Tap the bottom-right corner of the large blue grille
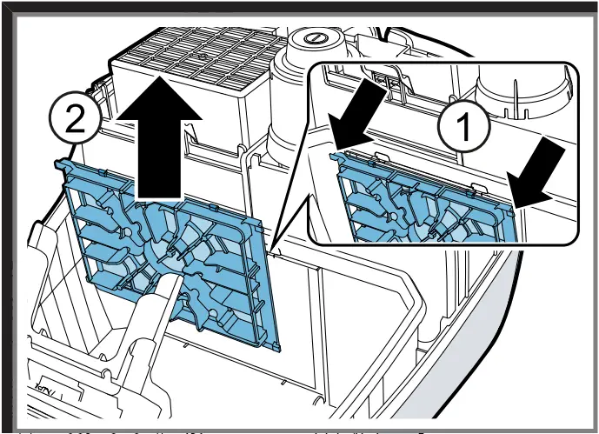click(x=276, y=348)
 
